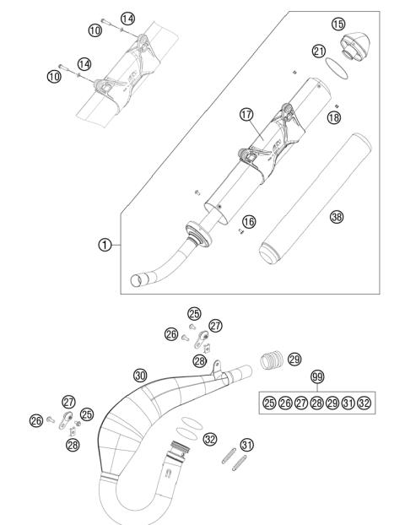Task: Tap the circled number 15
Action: tap(338, 23)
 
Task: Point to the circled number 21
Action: tap(319, 51)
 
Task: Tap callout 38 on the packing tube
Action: tap(337, 217)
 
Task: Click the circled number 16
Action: tap(249, 221)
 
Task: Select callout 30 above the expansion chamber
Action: tap(140, 374)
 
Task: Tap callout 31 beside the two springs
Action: tap(247, 445)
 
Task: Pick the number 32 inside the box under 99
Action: tap(364, 403)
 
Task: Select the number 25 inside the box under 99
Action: tap(269, 403)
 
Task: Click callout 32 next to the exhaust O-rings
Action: tap(209, 439)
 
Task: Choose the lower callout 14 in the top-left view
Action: tap(84, 64)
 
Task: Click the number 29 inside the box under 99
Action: tap(332, 403)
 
